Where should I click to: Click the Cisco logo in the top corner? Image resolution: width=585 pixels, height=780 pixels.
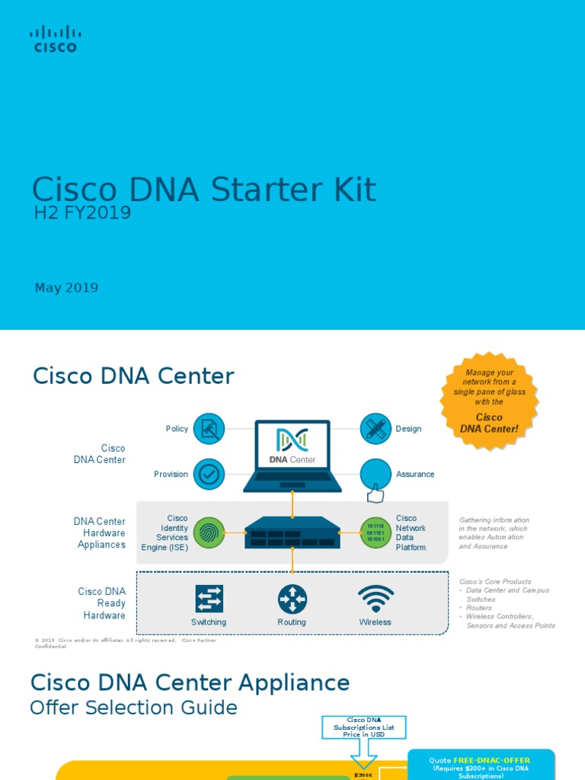54,39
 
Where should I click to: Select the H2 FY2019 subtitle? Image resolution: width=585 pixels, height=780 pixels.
82,213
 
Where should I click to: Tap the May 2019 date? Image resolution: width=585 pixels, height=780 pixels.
66,288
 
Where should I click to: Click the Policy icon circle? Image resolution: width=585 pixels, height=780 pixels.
209,429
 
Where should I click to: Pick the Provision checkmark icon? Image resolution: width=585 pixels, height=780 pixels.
209,474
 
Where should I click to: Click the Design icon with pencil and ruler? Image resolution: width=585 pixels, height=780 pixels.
375,429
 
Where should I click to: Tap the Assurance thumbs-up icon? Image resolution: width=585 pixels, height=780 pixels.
375,477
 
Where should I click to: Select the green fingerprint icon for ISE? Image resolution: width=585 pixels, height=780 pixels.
209,532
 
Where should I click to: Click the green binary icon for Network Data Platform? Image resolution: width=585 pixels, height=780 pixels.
375,532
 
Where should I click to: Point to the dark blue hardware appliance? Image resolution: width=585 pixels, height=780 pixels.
292,532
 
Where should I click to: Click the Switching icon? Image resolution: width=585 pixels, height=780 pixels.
209,599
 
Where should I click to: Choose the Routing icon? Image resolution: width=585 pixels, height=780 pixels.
292,599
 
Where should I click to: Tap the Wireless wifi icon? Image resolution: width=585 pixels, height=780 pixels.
375,599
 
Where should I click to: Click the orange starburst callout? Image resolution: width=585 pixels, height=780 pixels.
490,398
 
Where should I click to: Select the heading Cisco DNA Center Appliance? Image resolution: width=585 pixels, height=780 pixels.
190,682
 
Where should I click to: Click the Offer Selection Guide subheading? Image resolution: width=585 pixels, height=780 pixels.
133,708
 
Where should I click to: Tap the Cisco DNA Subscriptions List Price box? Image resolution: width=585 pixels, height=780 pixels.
363,727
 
